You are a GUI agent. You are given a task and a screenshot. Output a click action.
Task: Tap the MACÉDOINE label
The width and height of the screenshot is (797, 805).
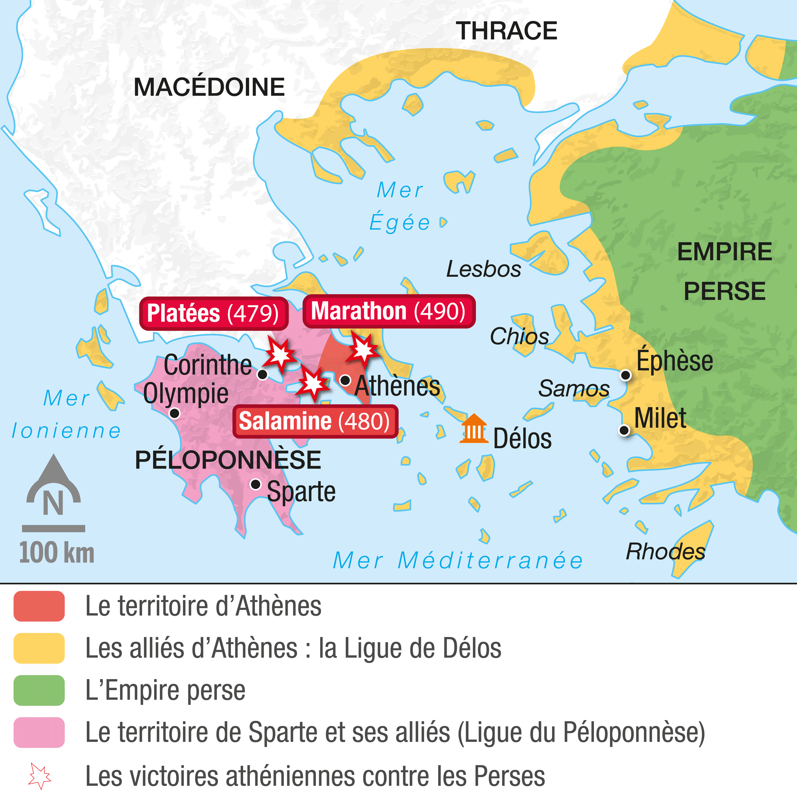pos(209,87)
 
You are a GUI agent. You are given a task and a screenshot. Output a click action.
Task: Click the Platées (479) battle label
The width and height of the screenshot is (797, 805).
pos(214,313)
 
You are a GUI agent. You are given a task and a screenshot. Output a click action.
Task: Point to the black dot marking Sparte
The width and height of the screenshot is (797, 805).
pos(256,484)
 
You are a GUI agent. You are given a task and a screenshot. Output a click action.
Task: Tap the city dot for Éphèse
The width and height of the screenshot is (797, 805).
pos(626,375)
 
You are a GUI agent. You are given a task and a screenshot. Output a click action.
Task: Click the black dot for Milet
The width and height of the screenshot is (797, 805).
pos(624,430)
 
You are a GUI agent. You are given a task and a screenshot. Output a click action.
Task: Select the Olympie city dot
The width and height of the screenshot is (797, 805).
pos(174,413)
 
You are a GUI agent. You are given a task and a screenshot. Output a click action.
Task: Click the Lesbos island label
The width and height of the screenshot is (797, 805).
pos(484,269)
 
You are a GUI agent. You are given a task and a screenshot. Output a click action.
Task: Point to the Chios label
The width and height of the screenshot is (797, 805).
pos(519,336)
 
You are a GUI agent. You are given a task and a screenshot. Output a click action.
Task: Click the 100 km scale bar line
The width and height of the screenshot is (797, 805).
pos(53,529)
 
